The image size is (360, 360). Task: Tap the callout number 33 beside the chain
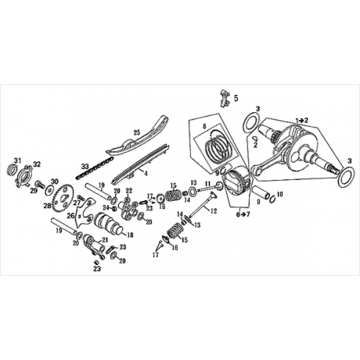(84, 166)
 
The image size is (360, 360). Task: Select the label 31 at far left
(18, 160)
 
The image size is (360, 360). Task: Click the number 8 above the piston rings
(204, 127)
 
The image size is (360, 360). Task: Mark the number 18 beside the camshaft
(130, 235)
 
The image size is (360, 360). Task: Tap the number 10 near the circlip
(279, 194)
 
